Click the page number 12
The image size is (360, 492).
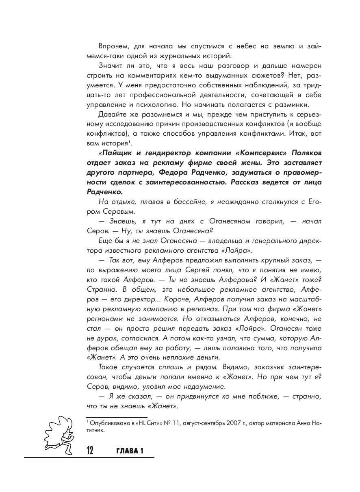pyautogui.click(x=90, y=451)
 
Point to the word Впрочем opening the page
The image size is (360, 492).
pyautogui.click(x=113, y=46)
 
